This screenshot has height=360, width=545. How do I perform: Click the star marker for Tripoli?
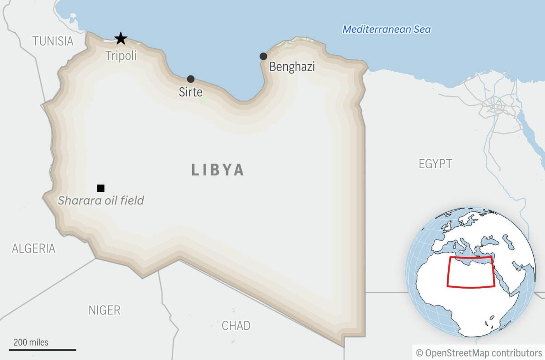(121, 39)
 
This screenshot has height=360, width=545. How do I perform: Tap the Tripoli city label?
(121, 56)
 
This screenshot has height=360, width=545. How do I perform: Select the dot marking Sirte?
(190, 79)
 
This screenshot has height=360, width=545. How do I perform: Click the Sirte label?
(190, 92)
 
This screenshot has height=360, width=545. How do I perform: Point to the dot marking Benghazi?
(263, 56)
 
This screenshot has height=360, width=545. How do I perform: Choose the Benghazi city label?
(292, 67)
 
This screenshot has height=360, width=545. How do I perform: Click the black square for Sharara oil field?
(101, 188)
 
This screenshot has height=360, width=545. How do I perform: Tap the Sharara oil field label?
(101, 200)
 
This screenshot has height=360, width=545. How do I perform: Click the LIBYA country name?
(218, 170)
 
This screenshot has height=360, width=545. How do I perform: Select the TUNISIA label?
(53, 41)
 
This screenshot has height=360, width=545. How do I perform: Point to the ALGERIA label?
(33, 248)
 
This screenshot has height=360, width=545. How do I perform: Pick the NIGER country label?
(104, 310)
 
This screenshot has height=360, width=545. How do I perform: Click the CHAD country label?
(236, 325)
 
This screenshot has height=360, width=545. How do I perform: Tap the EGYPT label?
(435, 164)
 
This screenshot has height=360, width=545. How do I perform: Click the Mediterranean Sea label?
(387, 29)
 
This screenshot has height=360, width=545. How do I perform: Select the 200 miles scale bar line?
(43, 350)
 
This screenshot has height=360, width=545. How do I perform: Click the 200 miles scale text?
(31, 342)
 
